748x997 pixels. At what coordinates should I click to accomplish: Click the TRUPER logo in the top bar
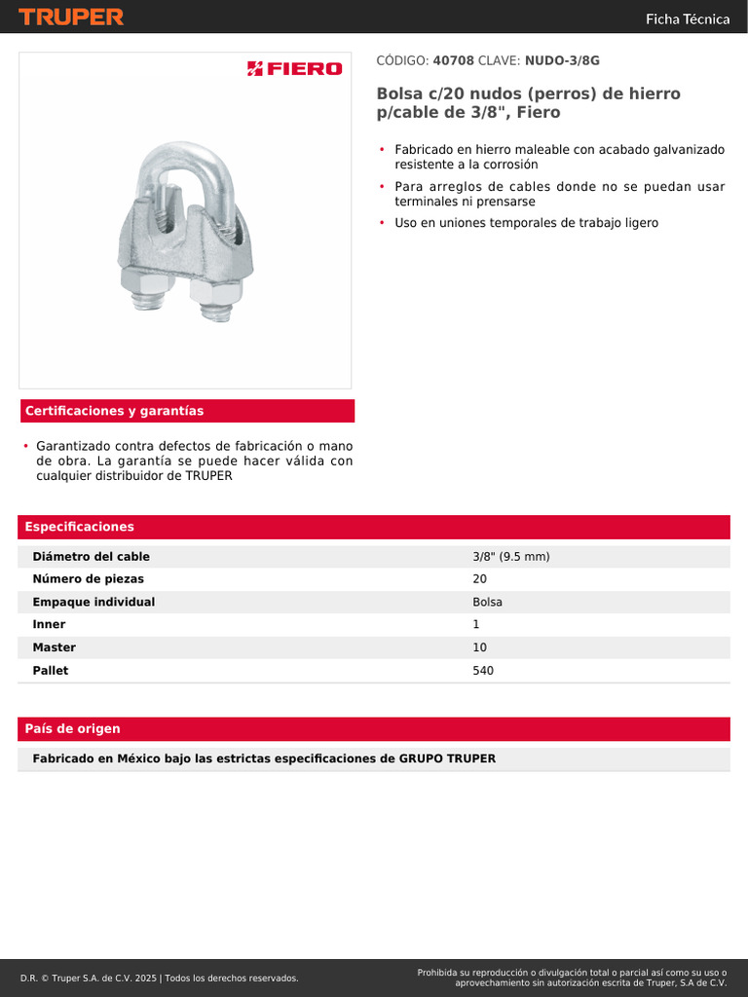[x=71, y=17]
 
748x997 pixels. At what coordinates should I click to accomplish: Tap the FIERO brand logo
[x=294, y=68]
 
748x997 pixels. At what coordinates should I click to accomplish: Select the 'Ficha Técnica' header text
[x=688, y=18]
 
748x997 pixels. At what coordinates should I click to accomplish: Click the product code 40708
[x=453, y=60]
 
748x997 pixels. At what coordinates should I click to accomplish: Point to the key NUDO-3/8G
[x=562, y=60]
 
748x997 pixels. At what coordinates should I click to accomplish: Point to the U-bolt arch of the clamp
[x=190, y=161]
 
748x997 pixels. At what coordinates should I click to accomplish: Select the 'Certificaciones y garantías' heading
[x=115, y=411]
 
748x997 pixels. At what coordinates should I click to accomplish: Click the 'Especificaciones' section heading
[x=80, y=527]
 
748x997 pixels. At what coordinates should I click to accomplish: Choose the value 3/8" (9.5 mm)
[x=511, y=557]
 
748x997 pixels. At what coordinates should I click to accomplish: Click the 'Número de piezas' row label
[x=89, y=579]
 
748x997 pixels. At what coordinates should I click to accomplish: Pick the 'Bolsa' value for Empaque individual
[x=488, y=602]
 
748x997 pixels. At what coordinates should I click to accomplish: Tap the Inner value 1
[x=476, y=624]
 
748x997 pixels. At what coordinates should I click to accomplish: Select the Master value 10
[x=480, y=647]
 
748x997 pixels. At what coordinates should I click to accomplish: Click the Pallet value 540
[x=483, y=670]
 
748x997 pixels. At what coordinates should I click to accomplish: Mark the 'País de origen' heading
[x=73, y=729]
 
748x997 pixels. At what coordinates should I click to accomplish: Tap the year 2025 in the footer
[x=147, y=978]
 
